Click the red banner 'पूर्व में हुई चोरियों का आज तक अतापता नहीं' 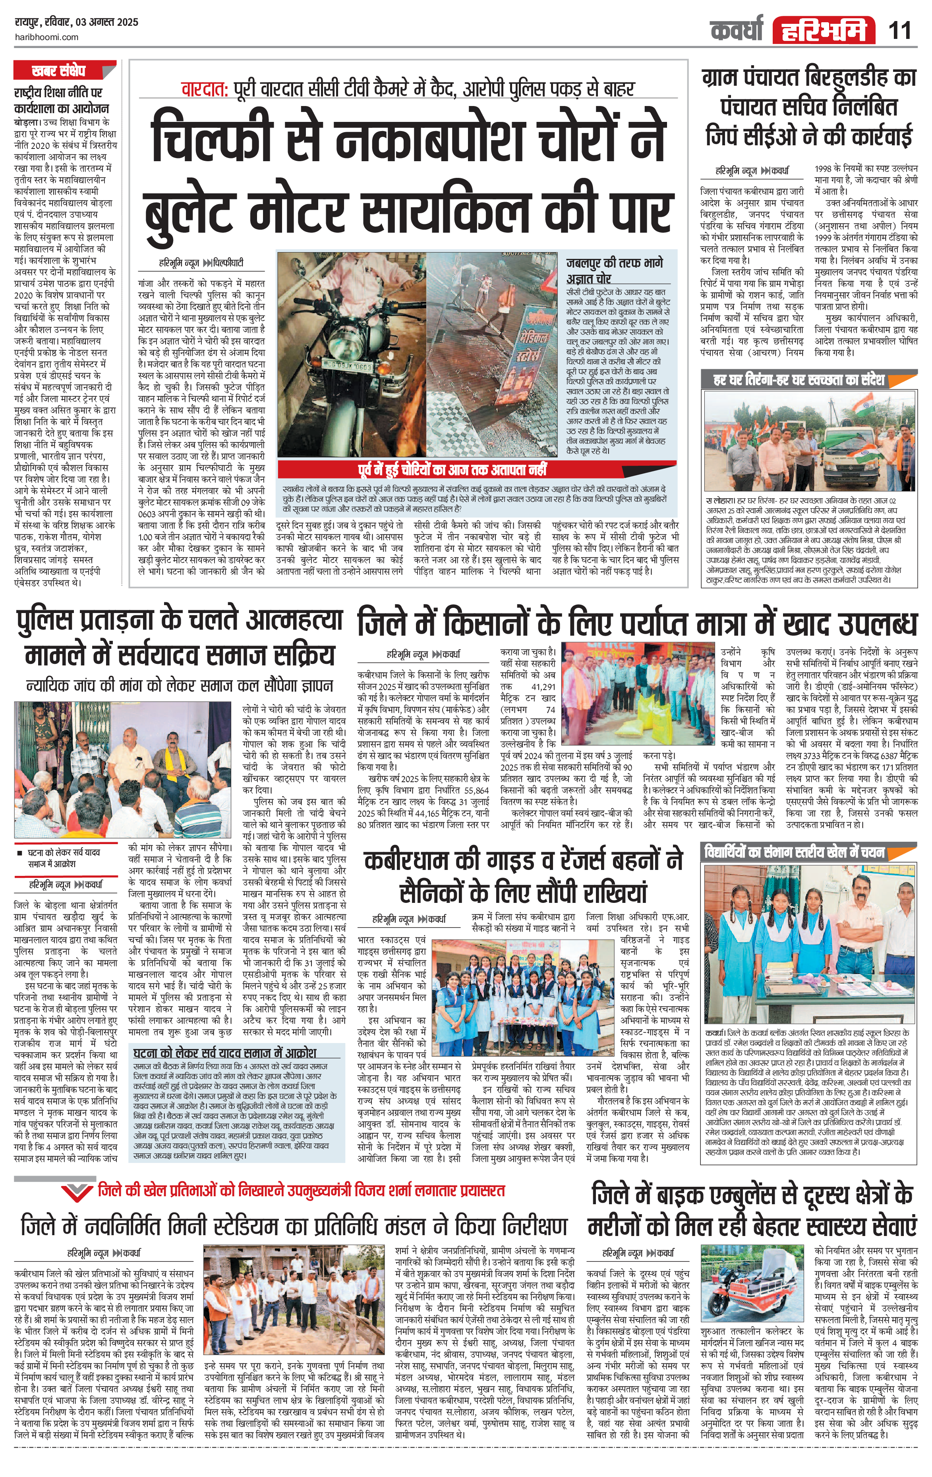pos(453,470)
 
